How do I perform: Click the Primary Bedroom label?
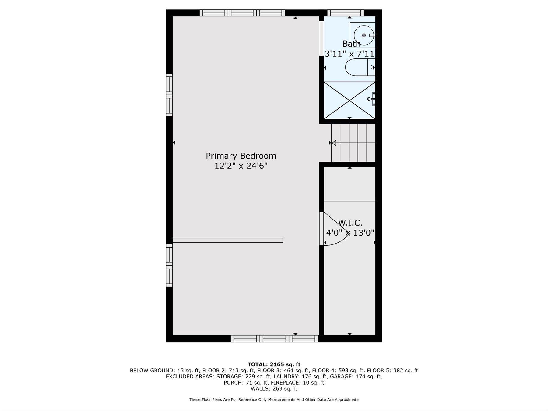pos(241,156)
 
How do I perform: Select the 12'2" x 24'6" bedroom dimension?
pos(241,166)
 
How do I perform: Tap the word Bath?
pos(351,44)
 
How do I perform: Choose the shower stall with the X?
pos(349,100)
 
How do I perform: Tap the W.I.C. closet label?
pos(350,223)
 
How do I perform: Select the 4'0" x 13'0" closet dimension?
pos(350,233)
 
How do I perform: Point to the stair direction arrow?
pos(333,143)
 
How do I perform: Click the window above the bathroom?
pos(345,13)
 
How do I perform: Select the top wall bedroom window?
pos(242,13)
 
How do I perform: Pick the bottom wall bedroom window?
pos(274,339)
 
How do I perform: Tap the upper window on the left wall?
pos(169,95)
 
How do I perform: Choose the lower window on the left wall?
pos(169,265)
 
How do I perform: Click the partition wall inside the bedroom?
pos(228,240)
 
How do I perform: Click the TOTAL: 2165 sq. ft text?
pos(274,364)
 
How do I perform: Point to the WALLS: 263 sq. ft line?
pos(274,389)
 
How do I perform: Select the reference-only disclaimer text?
pos(274,399)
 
